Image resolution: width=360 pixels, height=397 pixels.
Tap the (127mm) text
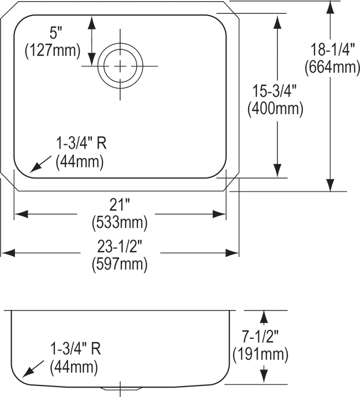53,50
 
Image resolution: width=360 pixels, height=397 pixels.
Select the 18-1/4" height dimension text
332,50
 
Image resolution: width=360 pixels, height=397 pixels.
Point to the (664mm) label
332,67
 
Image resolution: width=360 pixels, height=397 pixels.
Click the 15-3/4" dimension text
275,91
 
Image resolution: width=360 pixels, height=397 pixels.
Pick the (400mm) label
275,109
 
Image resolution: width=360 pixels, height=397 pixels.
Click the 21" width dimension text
120,205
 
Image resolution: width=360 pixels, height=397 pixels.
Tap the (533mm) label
120,223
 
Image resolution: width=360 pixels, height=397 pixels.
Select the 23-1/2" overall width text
120,246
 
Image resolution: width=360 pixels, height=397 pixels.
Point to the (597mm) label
120,264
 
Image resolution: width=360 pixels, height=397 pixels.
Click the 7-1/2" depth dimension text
260,337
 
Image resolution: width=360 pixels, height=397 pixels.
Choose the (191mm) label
260,354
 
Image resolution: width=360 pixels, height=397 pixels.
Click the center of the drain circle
120,66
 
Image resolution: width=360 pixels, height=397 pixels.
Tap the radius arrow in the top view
40,164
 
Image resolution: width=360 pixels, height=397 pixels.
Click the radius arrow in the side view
33,369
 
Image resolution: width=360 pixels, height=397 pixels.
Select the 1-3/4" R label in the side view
76,349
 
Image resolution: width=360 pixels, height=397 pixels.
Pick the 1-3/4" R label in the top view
81,143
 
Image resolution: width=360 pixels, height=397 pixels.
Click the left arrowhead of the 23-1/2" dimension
8,253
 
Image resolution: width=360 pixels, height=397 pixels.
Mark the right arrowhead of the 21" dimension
219,214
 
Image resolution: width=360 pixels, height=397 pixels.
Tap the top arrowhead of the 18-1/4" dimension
330,8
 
